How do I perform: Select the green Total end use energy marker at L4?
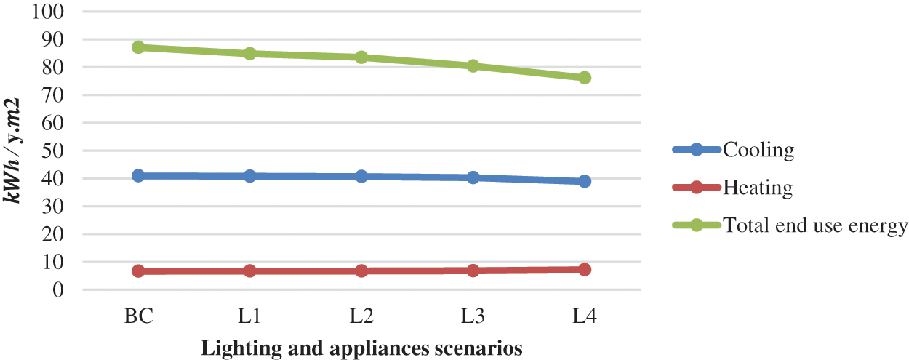(585, 78)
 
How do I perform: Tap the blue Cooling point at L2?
(361, 176)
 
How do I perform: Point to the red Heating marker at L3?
(473, 271)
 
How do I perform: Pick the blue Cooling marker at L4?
(585, 181)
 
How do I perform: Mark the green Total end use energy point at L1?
(250, 54)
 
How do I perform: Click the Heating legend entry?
(757, 188)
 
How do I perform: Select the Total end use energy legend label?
(815, 225)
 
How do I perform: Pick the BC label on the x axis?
(139, 318)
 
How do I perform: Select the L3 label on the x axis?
(473, 318)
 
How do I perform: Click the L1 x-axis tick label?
(250, 318)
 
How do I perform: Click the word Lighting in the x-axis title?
(231, 348)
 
